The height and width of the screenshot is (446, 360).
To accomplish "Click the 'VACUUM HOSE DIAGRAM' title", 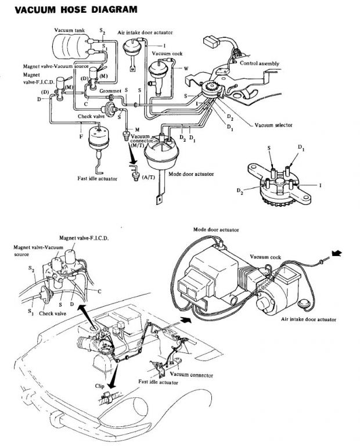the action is [x=76, y=9].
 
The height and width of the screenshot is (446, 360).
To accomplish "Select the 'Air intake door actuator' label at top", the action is [x=145, y=33].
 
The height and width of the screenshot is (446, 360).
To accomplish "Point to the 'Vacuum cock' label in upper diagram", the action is [x=167, y=53].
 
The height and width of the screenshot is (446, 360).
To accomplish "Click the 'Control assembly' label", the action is [x=260, y=63].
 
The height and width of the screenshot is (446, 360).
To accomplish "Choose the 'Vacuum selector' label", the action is [x=273, y=125].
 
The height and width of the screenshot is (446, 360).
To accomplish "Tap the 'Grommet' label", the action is [x=110, y=91].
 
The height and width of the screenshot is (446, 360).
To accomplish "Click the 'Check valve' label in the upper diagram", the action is [x=91, y=116].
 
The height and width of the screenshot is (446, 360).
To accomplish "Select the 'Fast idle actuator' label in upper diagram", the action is [x=97, y=179].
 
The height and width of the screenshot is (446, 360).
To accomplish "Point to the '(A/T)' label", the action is [x=149, y=177].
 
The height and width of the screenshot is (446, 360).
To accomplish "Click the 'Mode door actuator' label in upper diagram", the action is [x=191, y=174].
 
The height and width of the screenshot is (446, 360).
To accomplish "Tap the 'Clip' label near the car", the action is [x=99, y=386].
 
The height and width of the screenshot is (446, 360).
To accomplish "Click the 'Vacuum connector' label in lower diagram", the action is [x=191, y=375].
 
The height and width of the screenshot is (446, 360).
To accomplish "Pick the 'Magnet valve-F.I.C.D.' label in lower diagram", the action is [x=84, y=238].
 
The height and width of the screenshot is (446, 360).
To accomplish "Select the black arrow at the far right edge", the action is [x=337, y=253].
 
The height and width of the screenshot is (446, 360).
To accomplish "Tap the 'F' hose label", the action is [x=81, y=137].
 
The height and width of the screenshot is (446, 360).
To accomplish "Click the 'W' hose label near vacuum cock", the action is [x=186, y=69].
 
